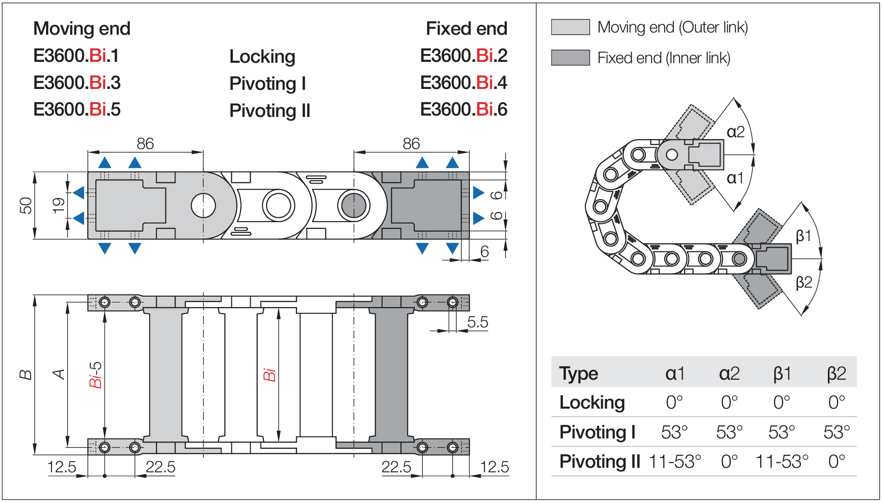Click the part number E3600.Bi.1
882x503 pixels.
pos(76,56)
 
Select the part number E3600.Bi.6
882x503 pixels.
pos(464,109)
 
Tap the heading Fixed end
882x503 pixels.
pos(466,28)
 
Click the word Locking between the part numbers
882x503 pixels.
pos(262,56)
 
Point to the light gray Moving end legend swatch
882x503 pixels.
pos(570,27)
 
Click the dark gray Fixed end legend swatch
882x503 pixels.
pos(570,58)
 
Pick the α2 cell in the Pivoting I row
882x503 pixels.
pos(729,432)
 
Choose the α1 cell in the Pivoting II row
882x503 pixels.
pos(675,461)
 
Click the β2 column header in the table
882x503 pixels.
pos(836,373)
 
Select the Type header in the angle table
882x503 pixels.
pos(579,373)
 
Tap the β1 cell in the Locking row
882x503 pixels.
pos(781,402)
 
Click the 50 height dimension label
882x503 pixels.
pos(26,205)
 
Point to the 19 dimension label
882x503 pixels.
pos(58,205)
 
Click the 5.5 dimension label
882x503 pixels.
pos(478,322)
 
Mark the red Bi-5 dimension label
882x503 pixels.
pos(95,375)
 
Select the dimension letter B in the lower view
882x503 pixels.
pos(26,375)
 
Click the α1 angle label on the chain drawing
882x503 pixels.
pos(735,178)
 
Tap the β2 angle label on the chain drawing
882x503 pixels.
pos(804,282)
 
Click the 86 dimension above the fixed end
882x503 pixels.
pos(411,144)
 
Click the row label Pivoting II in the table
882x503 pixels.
pos(599,461)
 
